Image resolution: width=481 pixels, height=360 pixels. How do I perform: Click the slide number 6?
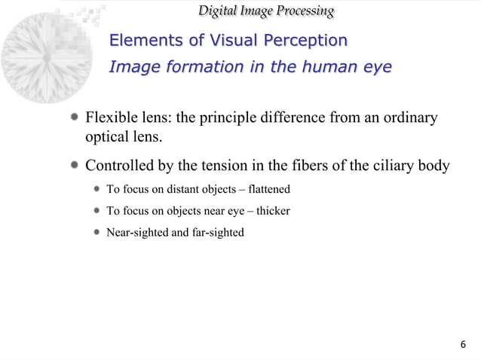pos(463,345)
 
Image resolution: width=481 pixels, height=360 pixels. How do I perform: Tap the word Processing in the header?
pos(301,11)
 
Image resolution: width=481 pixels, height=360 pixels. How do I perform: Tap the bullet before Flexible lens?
pos(75,119)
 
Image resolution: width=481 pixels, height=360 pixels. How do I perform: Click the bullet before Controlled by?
pos(75,166)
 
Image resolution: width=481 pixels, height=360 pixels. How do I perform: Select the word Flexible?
pos(111,119)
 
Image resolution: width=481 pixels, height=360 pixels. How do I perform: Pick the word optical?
pos(107,139)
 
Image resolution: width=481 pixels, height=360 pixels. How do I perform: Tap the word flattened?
pos(266,188)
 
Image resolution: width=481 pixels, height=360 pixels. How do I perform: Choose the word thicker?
pos(273,211)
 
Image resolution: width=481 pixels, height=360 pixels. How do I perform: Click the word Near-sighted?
pos(137,233)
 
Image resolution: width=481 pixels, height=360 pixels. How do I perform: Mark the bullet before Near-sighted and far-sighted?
pos(97,233)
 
